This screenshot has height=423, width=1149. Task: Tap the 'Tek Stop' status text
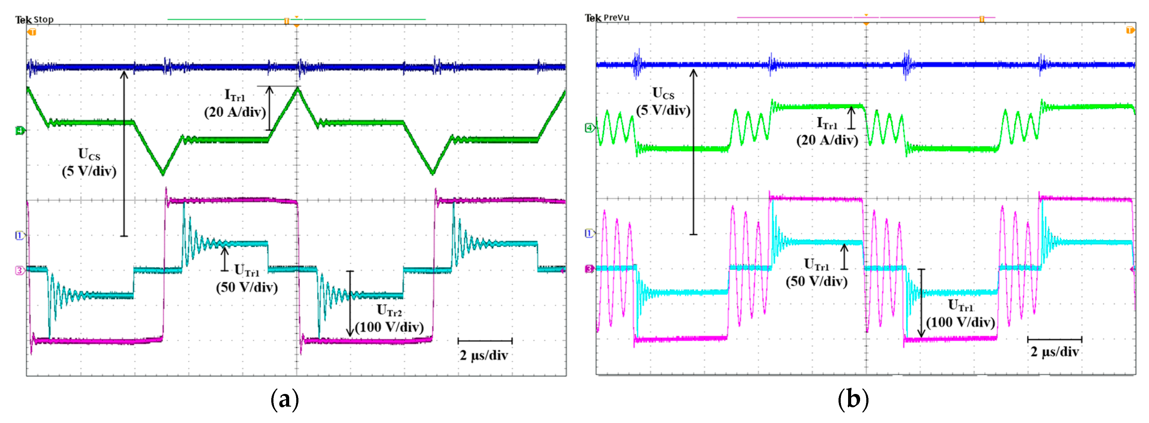(x=34, y=20)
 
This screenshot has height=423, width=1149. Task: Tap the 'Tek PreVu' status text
(x=607, y=18)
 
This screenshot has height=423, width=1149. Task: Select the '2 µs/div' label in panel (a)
(x=484, y=356)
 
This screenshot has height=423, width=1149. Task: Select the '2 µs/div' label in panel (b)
(x=1055, y=352)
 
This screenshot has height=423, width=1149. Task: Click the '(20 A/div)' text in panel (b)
(x=827, y=140)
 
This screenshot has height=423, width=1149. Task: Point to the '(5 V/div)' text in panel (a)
(x=89, y=171)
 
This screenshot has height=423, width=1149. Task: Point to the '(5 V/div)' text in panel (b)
(x=663, y=110)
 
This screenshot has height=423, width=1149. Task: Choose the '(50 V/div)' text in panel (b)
(x=817, y=282)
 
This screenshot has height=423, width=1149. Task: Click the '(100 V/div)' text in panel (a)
(x=389, y=327)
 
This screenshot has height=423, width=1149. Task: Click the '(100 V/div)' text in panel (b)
(x=960, y=322)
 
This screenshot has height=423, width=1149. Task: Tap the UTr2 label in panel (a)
(x=389, y=310)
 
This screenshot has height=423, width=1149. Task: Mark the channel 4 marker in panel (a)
(x=19, y=131)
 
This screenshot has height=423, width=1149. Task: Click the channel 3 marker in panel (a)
(x=19, y=270)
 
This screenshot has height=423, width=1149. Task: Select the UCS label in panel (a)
(x=89, y=154)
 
